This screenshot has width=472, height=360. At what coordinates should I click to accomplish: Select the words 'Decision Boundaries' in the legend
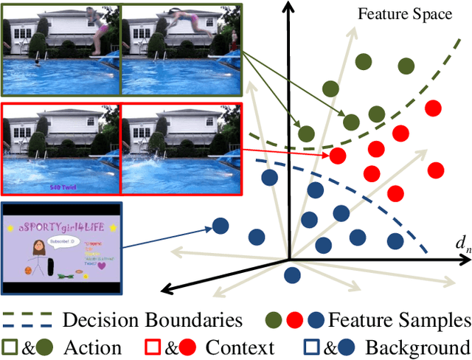[x=153, y=320]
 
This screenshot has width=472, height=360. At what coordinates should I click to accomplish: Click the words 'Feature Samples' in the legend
[x=399, y=320]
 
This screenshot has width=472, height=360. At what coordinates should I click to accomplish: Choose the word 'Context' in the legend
[x=239, y=347]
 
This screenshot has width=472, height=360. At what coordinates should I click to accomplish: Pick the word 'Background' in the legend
[x=417, y=347]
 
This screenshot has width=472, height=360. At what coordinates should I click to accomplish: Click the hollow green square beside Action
[x=10, y=347]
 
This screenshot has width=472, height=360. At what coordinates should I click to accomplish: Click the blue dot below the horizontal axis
[x=293, y=274]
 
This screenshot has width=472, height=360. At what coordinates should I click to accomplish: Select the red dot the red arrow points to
[x=338, y=155]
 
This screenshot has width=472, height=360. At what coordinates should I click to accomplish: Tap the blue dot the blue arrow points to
[x=220, y=226]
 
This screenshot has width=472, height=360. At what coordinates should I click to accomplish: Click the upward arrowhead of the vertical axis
[x=288, y=7]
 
